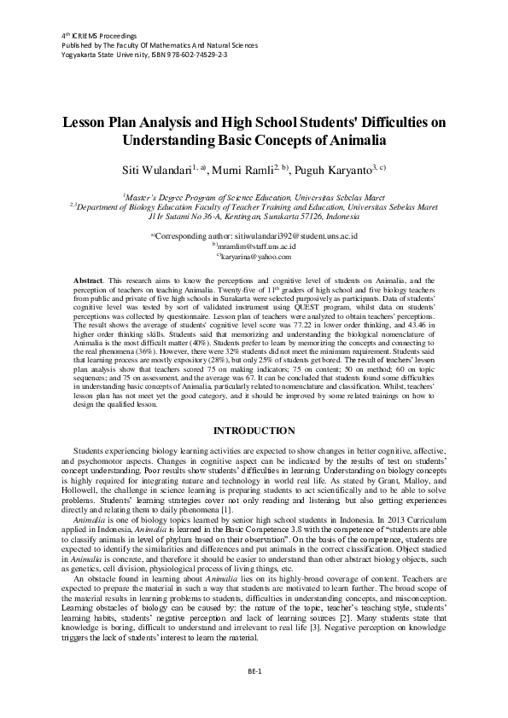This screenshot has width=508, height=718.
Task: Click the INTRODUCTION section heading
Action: (x=254, y=431)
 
